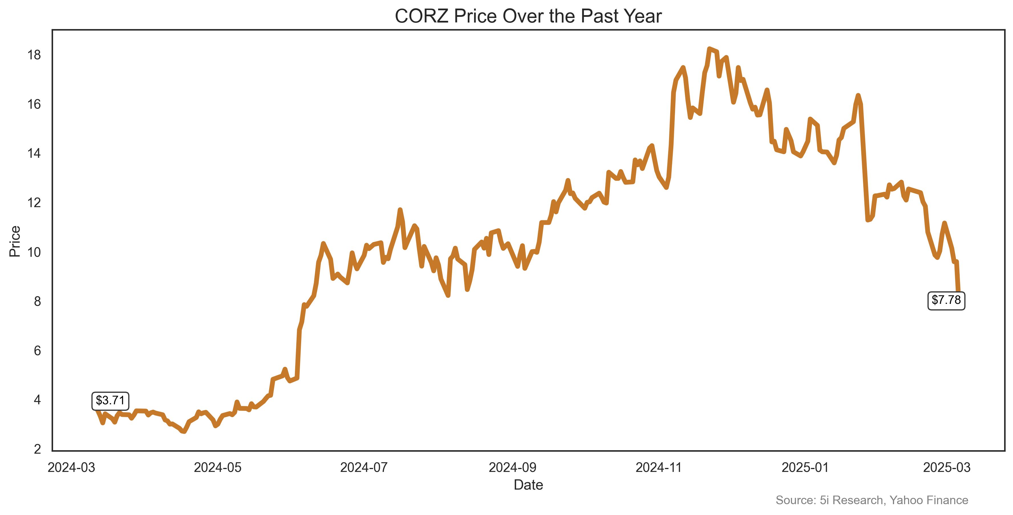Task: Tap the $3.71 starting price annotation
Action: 110,401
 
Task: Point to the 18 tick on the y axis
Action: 34,55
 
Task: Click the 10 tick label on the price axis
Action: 34,252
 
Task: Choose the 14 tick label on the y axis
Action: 34,154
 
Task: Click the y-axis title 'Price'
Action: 15,241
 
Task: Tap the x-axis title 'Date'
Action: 528,485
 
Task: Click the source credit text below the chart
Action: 872,500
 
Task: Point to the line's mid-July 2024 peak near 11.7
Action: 400,210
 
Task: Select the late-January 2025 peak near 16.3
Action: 858,95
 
